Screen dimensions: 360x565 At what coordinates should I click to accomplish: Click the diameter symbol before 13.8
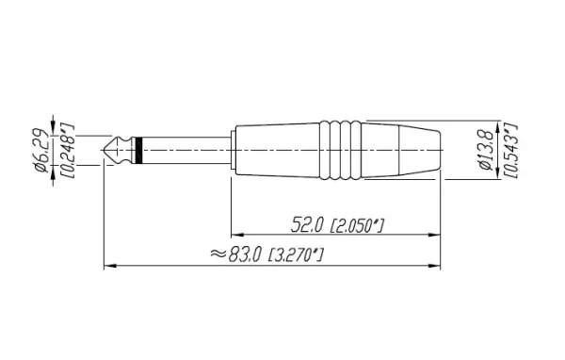point(484,171)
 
